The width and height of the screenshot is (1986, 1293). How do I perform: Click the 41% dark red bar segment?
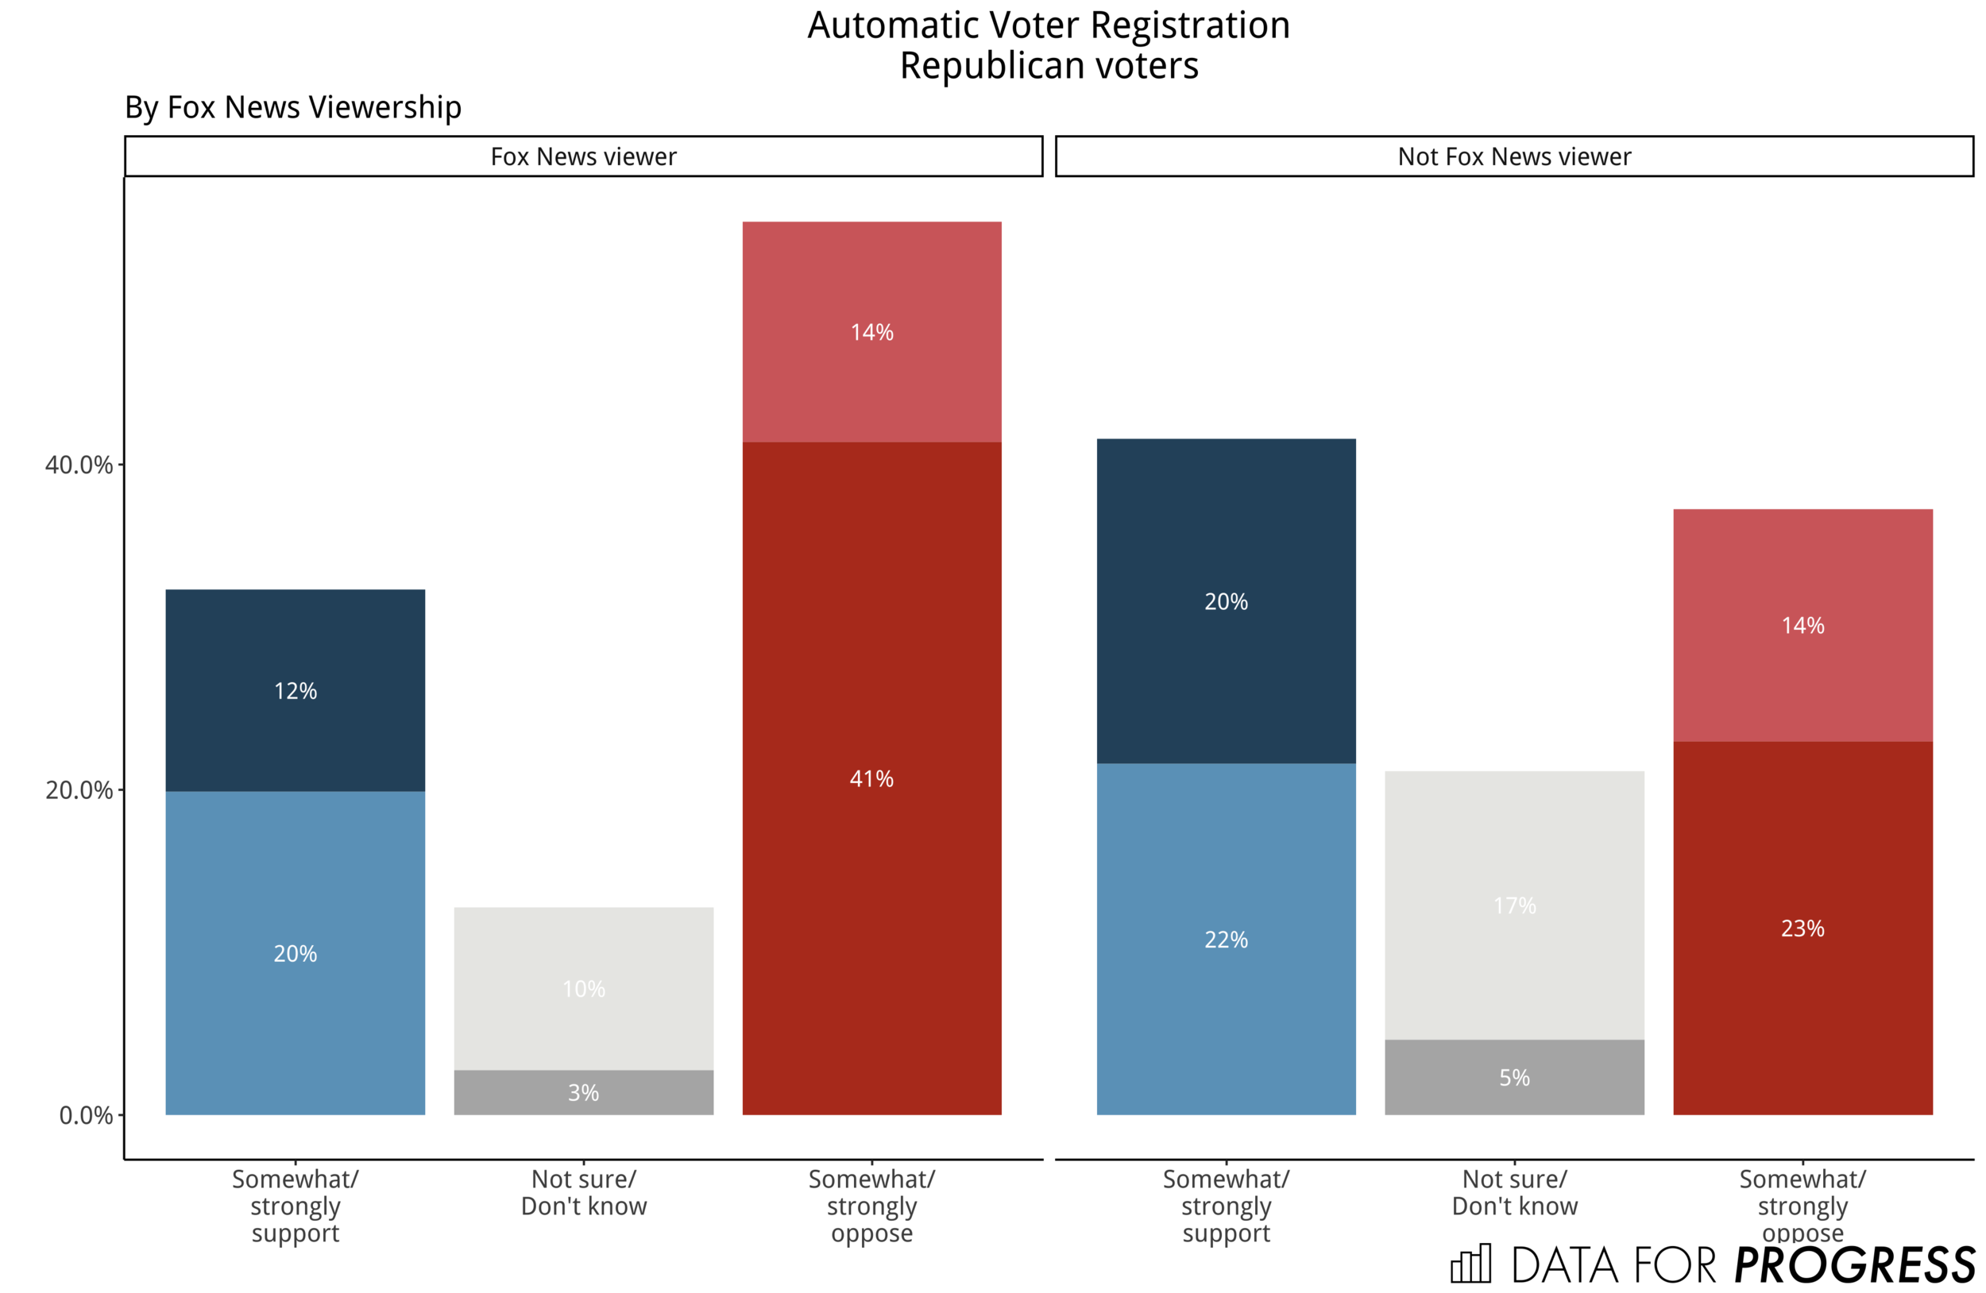[871, 778]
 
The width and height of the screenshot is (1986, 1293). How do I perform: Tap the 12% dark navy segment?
[295, 690]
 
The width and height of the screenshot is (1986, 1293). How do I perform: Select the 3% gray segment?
[583, 1092]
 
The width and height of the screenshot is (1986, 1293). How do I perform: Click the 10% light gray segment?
[583, 989]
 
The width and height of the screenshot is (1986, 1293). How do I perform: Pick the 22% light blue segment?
[1225, 939]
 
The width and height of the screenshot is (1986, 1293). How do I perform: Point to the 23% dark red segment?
[1802, 928]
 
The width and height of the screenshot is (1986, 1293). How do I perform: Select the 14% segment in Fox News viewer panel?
[871, 331]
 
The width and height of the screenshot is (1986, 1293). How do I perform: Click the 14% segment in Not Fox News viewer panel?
[1802, 625]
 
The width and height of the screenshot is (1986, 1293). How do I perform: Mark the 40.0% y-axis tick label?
[79, 465]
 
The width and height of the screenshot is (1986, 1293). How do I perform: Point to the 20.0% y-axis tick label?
[79, 790]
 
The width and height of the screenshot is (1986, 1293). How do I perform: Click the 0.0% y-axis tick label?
[85, 1115]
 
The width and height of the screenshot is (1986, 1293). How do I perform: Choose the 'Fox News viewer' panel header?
[583, 156]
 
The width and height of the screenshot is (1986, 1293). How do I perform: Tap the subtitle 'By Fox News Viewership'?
[293, 106]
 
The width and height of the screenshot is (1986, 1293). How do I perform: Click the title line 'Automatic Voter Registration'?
[1048, 25]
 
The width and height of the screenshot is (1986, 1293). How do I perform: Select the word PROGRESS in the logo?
[1854, 1265]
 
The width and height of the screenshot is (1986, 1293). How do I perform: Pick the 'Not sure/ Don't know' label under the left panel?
[583, 1192]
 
